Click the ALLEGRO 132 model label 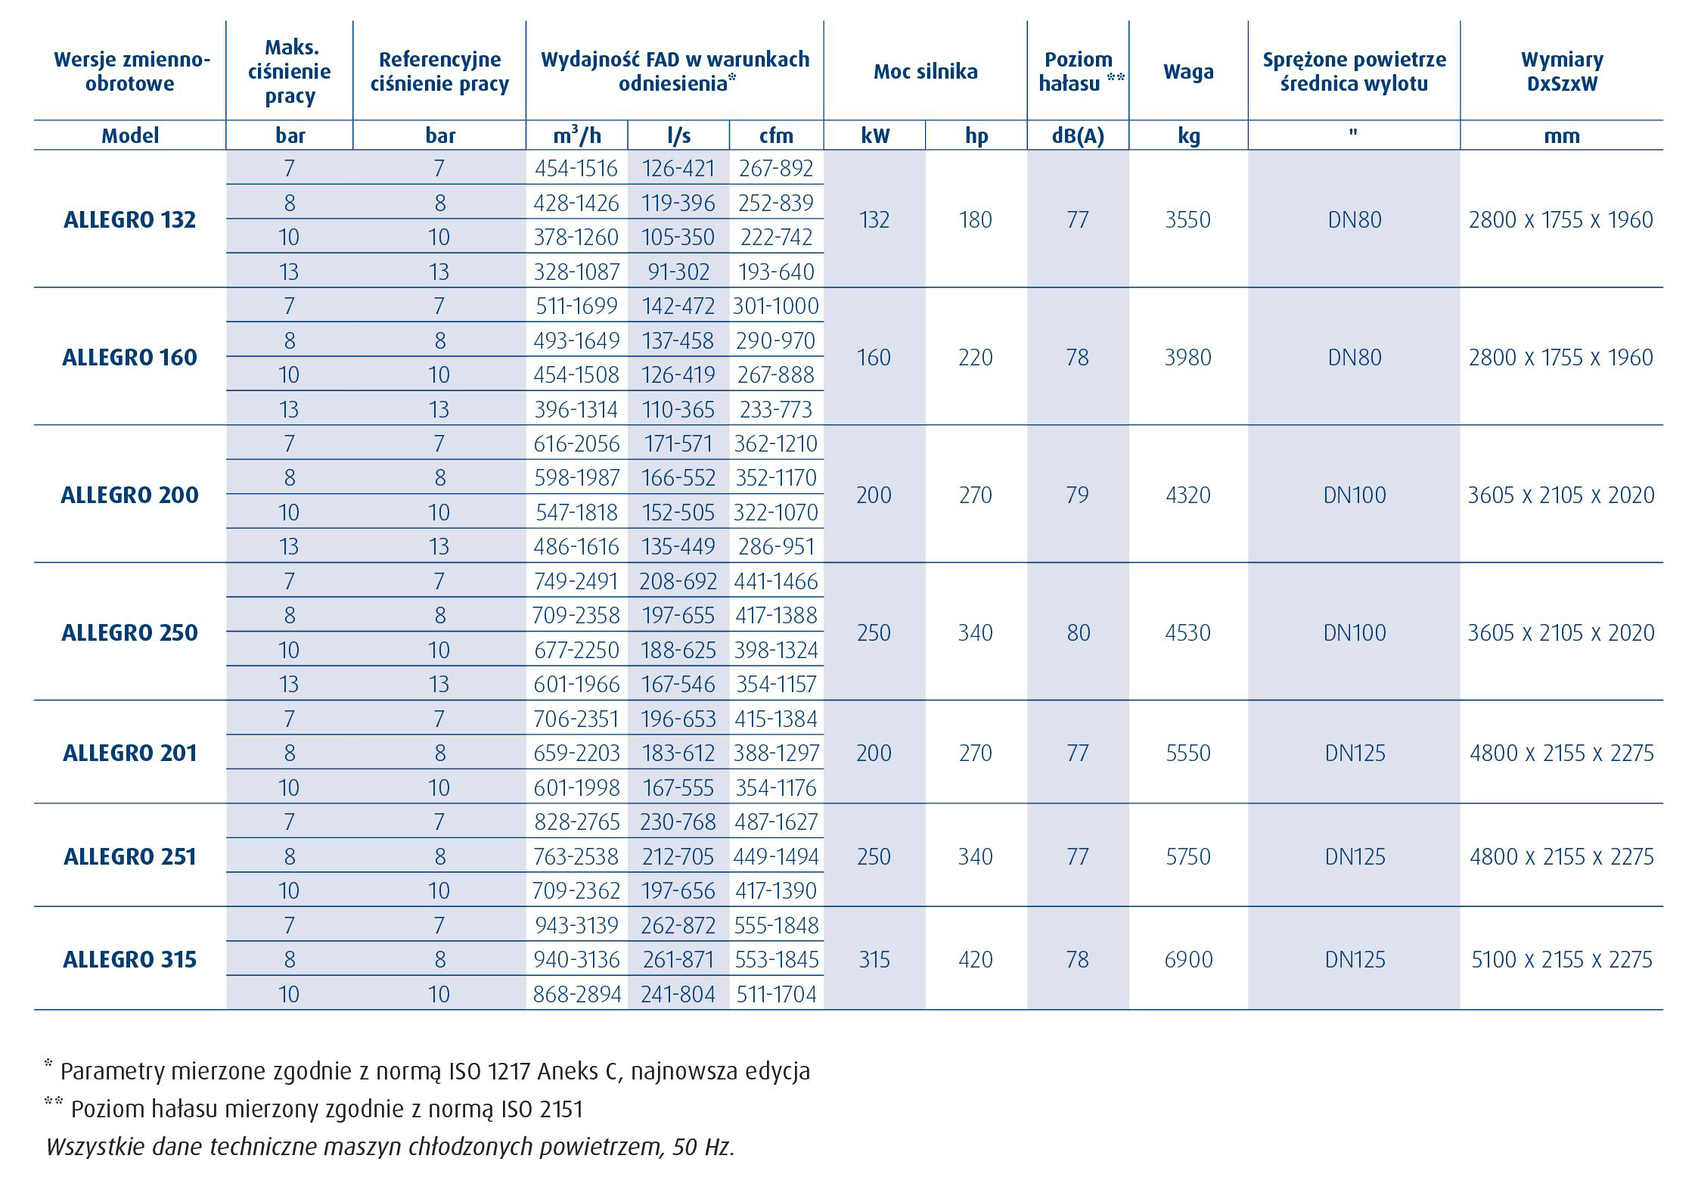click(130, 219)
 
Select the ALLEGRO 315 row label click(130, 959)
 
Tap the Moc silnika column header click(926, 71)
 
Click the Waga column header click(1189, 71)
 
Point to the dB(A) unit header click(1077, 135)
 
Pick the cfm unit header click(777, 135)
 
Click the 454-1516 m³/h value click(576, 168)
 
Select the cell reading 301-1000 click(776, 306)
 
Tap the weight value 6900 click(1188, 959)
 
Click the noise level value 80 click(1078, 632)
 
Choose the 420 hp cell click(976, 959)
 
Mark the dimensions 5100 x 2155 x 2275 click(1562, 959)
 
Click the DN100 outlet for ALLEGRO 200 click(1355, 495)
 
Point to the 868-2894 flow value click(577, 994)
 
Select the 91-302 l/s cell click(678, 272)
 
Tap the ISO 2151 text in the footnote click(542, 1109)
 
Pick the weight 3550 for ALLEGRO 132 click(1188, 219)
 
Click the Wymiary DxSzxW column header click(1562, 71)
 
